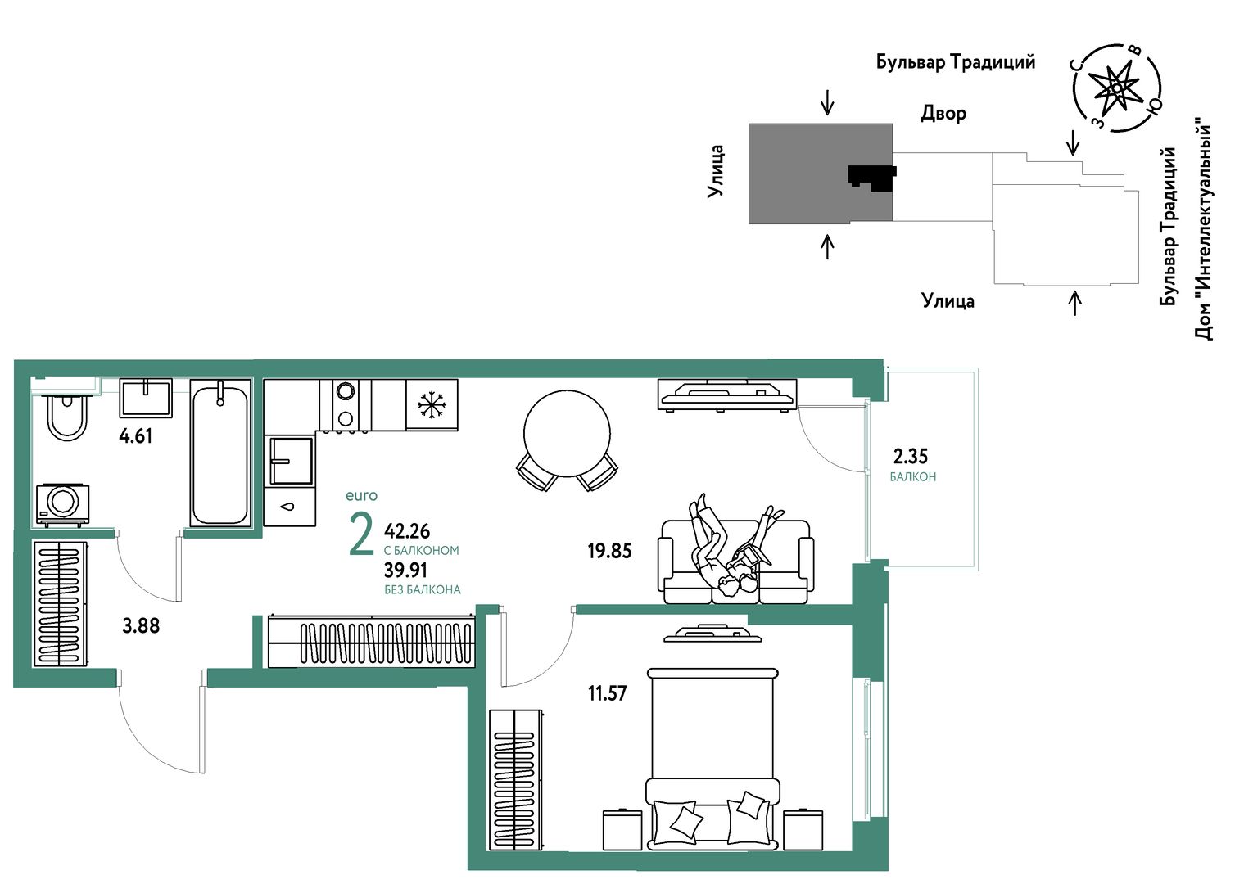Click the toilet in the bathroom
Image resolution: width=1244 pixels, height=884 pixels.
[x=67, y=417]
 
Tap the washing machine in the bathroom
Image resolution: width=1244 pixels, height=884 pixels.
[x=63, y=504]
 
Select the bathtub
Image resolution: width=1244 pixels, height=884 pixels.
[x=220, y=453]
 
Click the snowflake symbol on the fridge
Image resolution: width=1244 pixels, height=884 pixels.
[x=432, y=404]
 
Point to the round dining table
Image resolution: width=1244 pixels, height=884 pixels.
[x=567, y=433]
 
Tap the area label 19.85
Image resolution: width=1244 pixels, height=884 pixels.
[x=609, y=551]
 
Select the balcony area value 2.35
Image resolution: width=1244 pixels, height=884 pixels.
[x=910, y=456]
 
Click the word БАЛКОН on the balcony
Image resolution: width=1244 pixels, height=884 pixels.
[x=912, y=476]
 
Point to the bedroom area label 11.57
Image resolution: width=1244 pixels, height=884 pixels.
[x=607, y=693]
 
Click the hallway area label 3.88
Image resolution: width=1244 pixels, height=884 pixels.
[x=141, y=626]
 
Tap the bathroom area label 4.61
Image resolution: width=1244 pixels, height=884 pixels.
[x=135, y=436]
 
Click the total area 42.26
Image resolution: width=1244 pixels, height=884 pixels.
[x=407, y=531]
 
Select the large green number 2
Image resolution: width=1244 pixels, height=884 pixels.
[x=361, y=535]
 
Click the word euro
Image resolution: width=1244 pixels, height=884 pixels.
[x=361, y=495]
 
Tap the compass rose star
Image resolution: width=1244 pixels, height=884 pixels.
[x=1116, y=88]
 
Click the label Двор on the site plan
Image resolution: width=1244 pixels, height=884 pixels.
[x=943, y=113]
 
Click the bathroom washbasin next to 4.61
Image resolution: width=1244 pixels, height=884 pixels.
[x=146, y=398]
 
